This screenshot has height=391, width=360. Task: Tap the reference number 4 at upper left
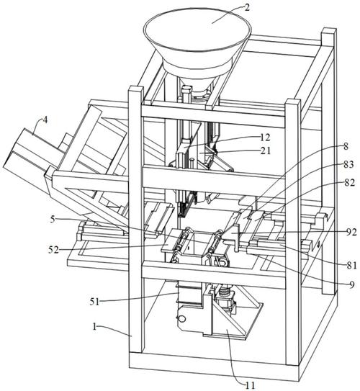pyautogui.click(x=45, y=120)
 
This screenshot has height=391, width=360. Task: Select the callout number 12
pyautogui.click(x=264, y=137)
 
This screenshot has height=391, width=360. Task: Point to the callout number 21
pyautogui.click(x=265, y=150)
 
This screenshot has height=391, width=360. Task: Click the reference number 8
pyautogui.click(x=346, y=146)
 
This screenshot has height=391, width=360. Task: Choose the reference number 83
pyautogui.click(x=348, y=165)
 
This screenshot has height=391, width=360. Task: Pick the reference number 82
pyautogui.click(x=349, y=183)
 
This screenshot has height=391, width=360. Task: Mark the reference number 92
pyautogui.click(x=351, y=233)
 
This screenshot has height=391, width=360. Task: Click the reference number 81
pyautogui.click(x=352, y=265)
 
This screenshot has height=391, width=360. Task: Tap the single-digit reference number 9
pyautogui.click(x=351, y=284)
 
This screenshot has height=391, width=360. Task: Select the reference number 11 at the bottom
pyautogui.click(x=250, y=385)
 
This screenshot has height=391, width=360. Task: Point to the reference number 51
pyautogui.click(x=94, y=302)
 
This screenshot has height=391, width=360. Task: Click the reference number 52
pyautogui.click(x=53, y=249)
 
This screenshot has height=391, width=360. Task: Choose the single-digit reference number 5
pyautogui.click(x=53, y=220)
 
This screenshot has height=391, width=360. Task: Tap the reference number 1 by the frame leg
pyautogui.click(x=94, y=327)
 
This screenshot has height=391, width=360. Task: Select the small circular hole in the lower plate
pyautogui.click(x=181, y=319)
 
